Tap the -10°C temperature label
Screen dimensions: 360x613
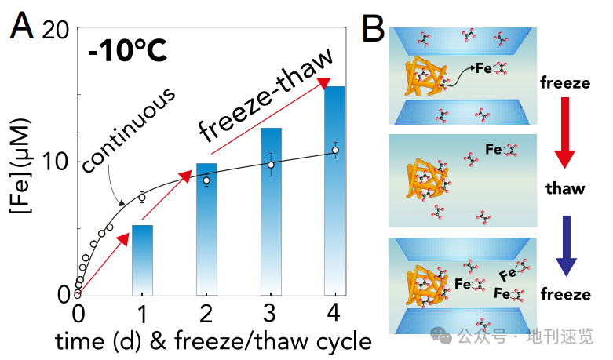pyautogui.click(x=127, y=52)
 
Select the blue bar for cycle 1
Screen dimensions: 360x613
pyautogui.click(x=142, y=259)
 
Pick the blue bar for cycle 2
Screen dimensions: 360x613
pyautogui.click(x=206, y=228)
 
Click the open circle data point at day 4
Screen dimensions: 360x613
pyautogui.click(x=335, y=150)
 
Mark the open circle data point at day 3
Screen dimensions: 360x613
pyautogui.click(x=271, y=165)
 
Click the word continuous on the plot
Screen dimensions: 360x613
pyautogui.click(x=127, y=129)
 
